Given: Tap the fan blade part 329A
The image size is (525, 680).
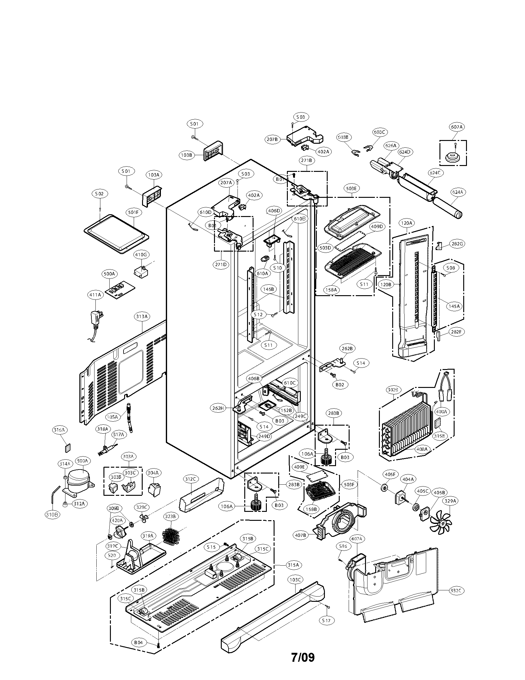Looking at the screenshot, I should (440, 524).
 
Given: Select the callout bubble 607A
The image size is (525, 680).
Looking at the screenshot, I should (456, 127).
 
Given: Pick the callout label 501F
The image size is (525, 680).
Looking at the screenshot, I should (133, 212).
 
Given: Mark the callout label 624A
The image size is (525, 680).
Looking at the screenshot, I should (457, 192).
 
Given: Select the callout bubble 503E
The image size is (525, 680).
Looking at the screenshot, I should (351, 188).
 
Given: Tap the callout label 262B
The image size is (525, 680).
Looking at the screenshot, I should (347, 349).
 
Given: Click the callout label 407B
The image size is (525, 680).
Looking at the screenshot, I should (300, 535).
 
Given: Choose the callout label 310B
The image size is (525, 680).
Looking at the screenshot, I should (52, 514).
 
